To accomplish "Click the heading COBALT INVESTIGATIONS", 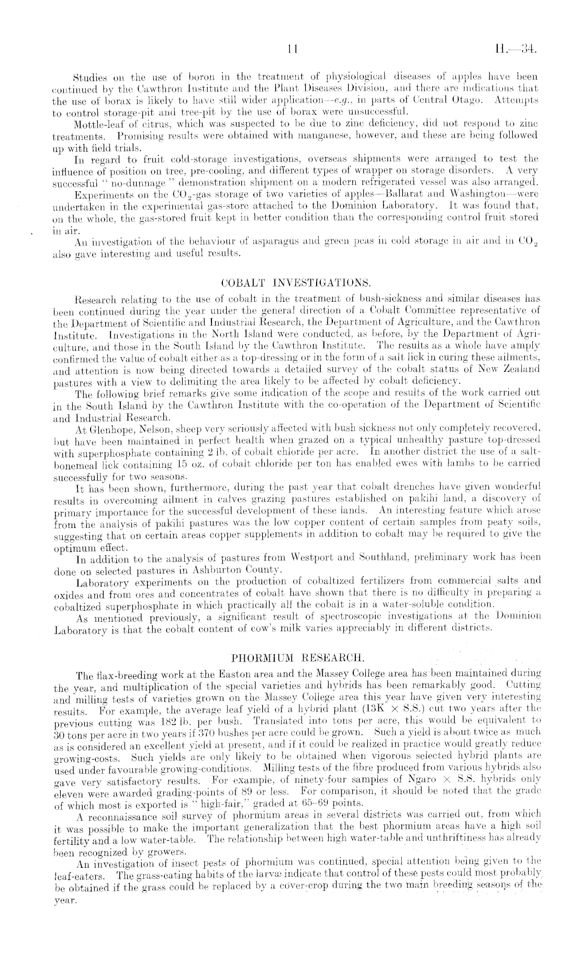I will (x=297, y=284).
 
